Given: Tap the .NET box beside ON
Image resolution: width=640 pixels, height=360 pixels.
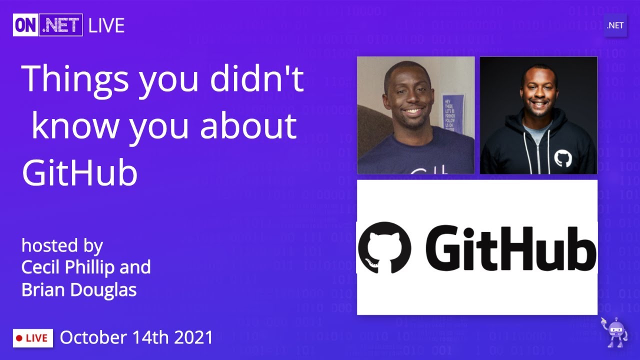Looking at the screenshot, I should tap(62, 25).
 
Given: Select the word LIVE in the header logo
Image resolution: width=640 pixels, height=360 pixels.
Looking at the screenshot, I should tap(106, 25).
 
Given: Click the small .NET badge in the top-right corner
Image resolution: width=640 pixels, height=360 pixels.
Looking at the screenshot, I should tap(615, 25).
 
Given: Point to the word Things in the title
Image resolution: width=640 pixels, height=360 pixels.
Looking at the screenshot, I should tap(76, 79).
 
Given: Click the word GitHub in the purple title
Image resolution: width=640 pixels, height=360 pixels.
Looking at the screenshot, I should tap(79, 172).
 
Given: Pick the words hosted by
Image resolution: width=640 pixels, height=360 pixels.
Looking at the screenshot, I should tap(62, 245).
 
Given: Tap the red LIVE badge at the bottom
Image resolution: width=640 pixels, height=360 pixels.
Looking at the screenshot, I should tap(33, 338).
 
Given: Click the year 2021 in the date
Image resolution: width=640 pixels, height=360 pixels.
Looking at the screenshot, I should tap(193, 337).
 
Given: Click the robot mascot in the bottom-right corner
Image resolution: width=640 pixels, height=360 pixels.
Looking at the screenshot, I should tap(614, 332).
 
